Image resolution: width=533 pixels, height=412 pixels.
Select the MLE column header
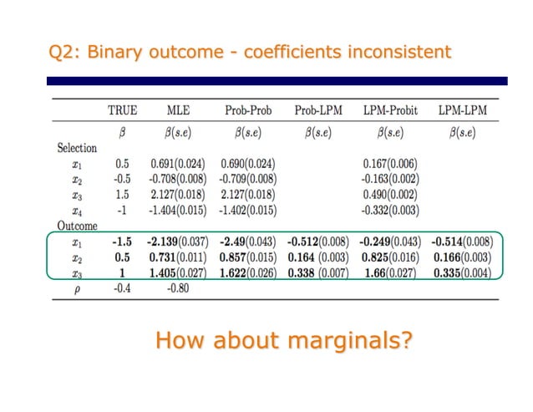(x=179, y=110)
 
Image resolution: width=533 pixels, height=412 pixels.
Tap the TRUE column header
(x=122, y=110)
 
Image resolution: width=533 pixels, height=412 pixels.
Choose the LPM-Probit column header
(x=391, y=110)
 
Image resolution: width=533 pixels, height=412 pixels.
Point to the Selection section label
(x=77, y=148)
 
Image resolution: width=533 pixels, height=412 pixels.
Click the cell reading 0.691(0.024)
(x=179, y=164)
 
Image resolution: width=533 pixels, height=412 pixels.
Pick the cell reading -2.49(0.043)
(x=249, y=242)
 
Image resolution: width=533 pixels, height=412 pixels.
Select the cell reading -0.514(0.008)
(x=462, y=242)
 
